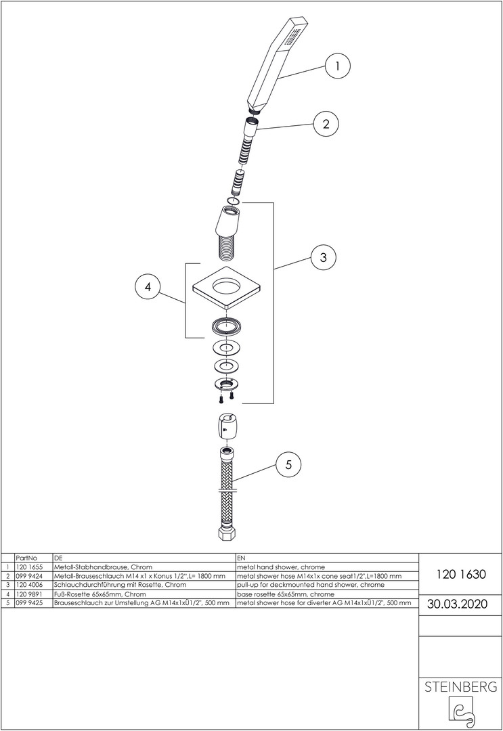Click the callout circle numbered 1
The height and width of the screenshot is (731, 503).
coord(337,66)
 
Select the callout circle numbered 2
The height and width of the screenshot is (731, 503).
coord(326,124)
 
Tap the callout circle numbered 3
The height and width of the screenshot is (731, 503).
coord(324,257)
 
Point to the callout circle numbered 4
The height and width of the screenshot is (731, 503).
coord(148,287)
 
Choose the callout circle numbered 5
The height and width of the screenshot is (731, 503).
coord(288,465)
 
